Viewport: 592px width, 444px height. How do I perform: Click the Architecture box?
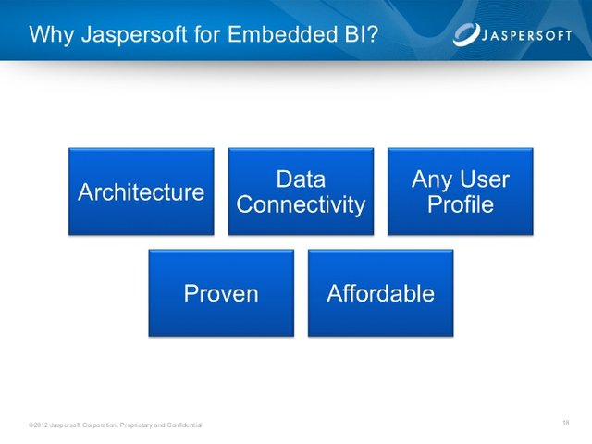[x=142, y=191]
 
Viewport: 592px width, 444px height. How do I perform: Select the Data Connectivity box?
[x=301, y=191]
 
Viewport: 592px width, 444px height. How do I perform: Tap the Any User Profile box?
[x=461, y=191]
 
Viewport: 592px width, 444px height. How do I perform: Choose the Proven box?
[x=221, y=293]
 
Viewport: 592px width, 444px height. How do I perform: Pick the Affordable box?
[x=380, y=293]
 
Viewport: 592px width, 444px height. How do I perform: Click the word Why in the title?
[x=52, y=35]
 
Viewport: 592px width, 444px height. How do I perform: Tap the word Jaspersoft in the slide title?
[x=134, y=35]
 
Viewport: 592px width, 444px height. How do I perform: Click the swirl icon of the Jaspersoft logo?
[x=466, y=35]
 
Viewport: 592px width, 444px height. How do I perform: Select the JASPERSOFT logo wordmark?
[x=526, y=36]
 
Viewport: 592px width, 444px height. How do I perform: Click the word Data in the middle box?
[x=301, y=179]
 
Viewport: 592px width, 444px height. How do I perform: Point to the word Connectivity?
[x=301, y=205]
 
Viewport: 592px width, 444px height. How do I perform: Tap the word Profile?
[x=461, y=204]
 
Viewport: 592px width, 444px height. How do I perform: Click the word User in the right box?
[x=485, y=179]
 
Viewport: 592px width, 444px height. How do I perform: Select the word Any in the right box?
[x=433, y=180]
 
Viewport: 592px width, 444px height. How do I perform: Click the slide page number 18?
[x=565, y=423]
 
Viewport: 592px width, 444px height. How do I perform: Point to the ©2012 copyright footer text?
[x=115, y=425]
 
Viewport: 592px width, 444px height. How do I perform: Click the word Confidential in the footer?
[x=184, y=425]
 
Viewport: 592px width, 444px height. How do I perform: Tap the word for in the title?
[x=207, y=34]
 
